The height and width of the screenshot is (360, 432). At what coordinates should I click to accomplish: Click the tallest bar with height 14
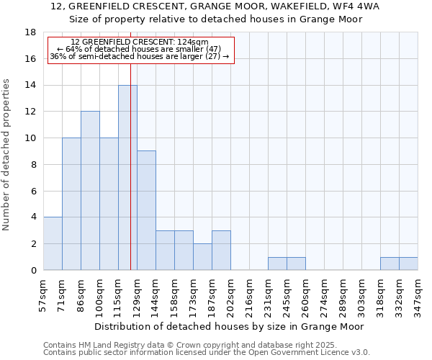click(x=127, y=177)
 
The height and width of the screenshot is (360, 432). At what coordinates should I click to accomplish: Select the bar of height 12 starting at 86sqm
click(x=90, y=191)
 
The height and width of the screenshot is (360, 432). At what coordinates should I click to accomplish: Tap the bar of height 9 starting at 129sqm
click(x=146, y=210)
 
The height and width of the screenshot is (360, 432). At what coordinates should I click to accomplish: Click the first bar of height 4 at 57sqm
click(x=53, y=243)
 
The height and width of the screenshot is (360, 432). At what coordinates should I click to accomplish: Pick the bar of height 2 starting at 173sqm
click(x=202, y=256)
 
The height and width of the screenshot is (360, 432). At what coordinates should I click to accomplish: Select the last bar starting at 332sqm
click(x=408, y=264)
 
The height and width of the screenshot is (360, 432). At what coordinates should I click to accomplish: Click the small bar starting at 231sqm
click(x=277, y=264)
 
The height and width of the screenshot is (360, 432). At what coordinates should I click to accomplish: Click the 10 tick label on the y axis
click(x=30, y=138)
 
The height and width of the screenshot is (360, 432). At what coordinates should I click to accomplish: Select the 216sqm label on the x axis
click(x=249, y=295)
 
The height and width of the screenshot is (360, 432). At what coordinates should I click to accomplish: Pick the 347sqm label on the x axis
click(x=418, y=295)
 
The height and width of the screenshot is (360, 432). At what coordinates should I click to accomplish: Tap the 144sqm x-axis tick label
click(x=156, y=295)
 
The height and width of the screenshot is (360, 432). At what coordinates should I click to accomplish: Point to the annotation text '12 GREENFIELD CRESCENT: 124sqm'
click(x=140, y=42)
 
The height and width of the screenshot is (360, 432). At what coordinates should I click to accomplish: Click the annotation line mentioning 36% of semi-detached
click(x=140, y=56)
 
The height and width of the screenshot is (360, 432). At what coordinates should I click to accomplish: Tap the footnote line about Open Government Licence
click(x=207, y=353)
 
